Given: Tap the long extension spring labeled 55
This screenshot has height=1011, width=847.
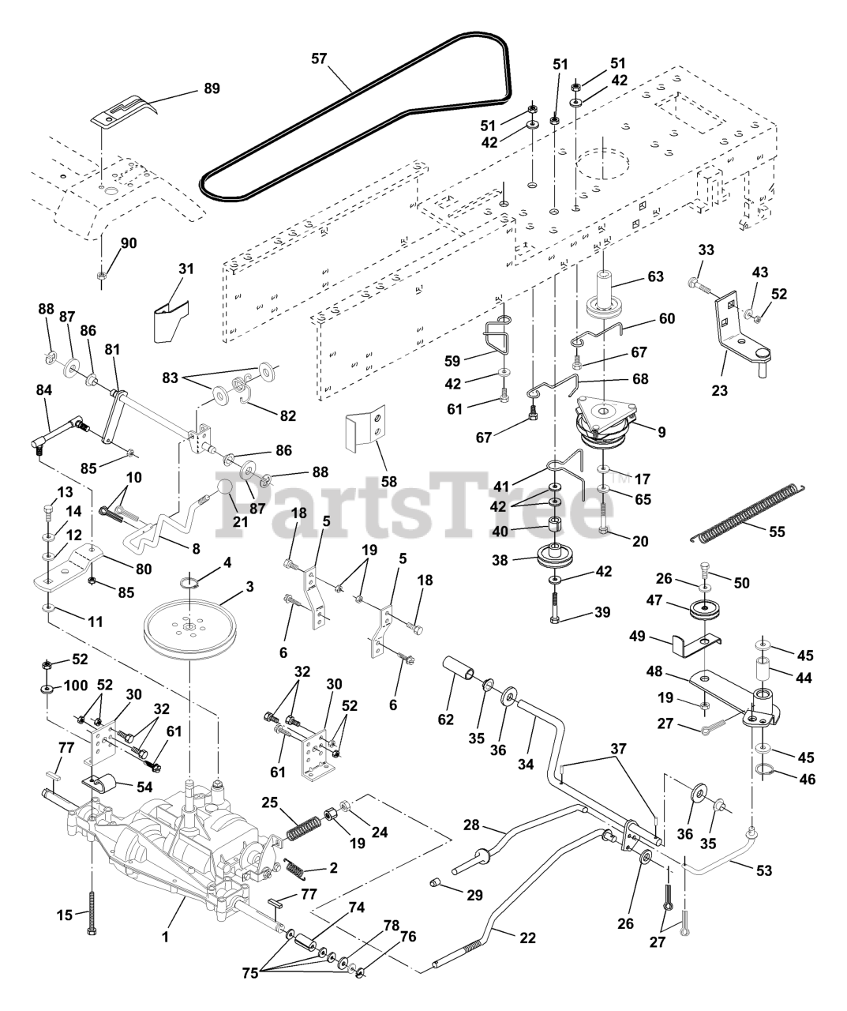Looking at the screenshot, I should tap(750, 513).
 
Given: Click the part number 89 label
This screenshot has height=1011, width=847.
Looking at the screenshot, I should tap(212, 89).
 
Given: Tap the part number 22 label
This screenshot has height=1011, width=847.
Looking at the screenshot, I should tap(527, 938).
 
